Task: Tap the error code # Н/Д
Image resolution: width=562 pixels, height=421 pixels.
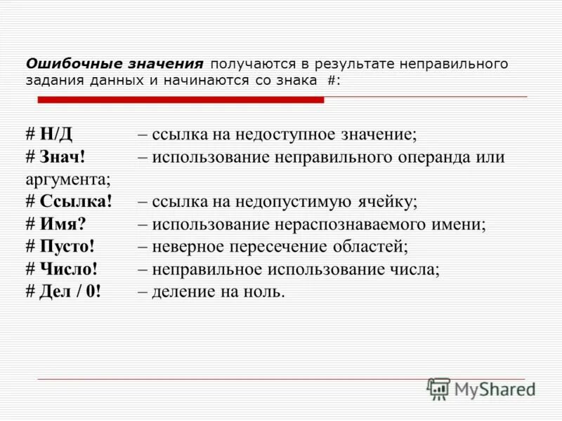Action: tap(53, 134)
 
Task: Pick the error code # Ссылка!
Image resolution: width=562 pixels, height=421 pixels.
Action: tap(69, 202)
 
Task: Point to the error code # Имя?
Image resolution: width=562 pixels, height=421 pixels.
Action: tap(56, 225)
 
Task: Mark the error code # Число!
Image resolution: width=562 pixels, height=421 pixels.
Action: tap(61, 269)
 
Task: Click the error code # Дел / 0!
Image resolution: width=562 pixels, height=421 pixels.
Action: tap(64, 292)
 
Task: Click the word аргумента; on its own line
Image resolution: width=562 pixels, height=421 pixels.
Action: tap(68, 180)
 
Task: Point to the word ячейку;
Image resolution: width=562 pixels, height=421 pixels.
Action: tap(389, 202)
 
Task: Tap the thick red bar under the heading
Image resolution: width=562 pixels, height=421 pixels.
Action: tap(181, 100)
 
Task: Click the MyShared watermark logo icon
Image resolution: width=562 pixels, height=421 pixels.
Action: tap(439, 388)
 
